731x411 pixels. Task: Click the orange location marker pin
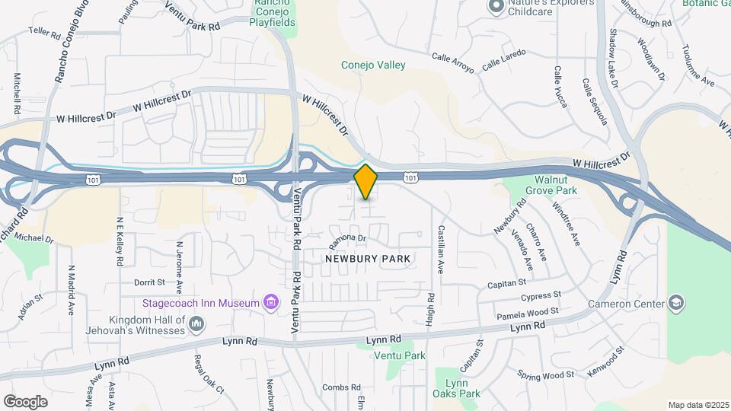coord(366,182)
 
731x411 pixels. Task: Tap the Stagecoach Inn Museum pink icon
coord(270,303)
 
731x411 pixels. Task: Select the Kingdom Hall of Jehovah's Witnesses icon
coord(197,325)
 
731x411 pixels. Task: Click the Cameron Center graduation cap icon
coord(675,304)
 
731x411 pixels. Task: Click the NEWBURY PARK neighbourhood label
coord(368,259)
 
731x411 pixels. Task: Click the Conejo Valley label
coord(373,65)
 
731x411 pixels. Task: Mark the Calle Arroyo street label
coord(453,62)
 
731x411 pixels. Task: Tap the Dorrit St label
coord(149,282)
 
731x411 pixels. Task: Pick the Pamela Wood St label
coord(528,312)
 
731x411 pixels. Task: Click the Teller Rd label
coord(44,33)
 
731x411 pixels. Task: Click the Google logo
coord(25,401)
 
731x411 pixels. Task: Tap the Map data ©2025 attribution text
coord(697,405)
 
